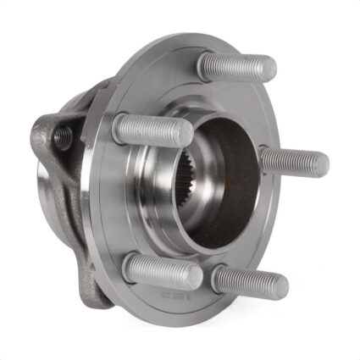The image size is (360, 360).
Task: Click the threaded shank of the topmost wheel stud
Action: (x=239, y=67)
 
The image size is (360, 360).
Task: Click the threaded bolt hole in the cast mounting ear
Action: (x=60, y=135)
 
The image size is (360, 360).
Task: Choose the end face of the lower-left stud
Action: (x=196, y=277)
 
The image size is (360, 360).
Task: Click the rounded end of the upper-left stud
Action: (x=186, y=131)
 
